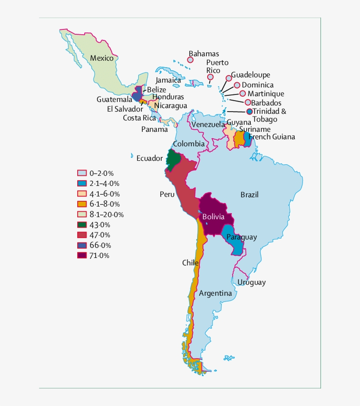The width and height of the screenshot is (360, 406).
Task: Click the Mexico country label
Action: coord(101,58)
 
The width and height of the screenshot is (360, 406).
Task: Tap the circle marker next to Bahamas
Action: coord(191,60)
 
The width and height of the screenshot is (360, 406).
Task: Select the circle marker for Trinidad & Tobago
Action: coord(249,112)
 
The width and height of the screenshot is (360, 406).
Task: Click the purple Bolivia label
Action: coord(213,217)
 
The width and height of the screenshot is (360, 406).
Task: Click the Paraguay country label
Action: coord(241,237)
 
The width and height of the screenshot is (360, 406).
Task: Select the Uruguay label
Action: coord(251,283)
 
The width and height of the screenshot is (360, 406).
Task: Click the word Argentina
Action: coord(215,293)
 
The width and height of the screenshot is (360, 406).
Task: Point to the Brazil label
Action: coord(249,195)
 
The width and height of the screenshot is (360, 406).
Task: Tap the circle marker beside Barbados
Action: coord(248,102)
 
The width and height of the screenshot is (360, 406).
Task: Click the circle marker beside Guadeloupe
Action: coord(229,78)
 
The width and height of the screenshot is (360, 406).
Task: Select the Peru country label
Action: coord(167,194)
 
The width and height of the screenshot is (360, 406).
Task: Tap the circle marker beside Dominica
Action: coord(237,85)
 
